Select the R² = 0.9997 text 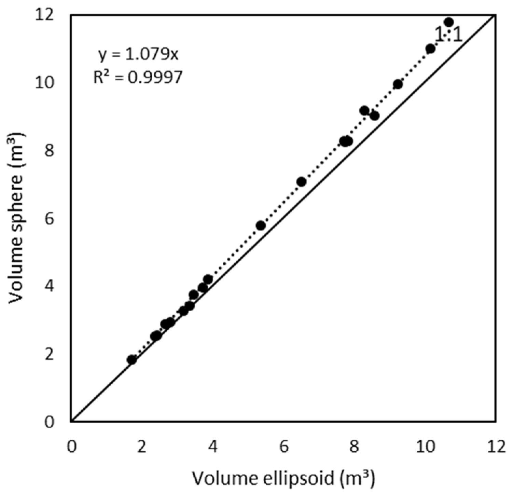(138, 78)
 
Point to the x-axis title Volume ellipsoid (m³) (283, 478)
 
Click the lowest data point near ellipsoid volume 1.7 (131, 359)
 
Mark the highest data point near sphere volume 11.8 (448, 22)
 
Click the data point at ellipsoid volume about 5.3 (261, 225)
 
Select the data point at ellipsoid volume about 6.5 (301, 182)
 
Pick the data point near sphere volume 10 (398, 84)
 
